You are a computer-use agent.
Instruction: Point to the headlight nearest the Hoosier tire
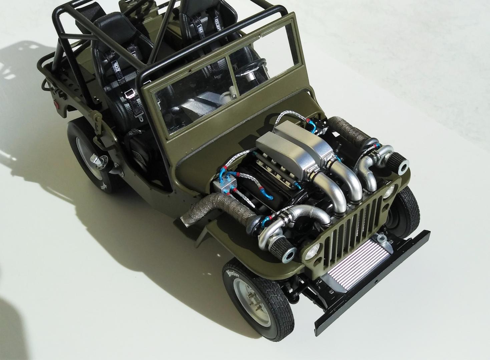[x=315, y=248]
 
